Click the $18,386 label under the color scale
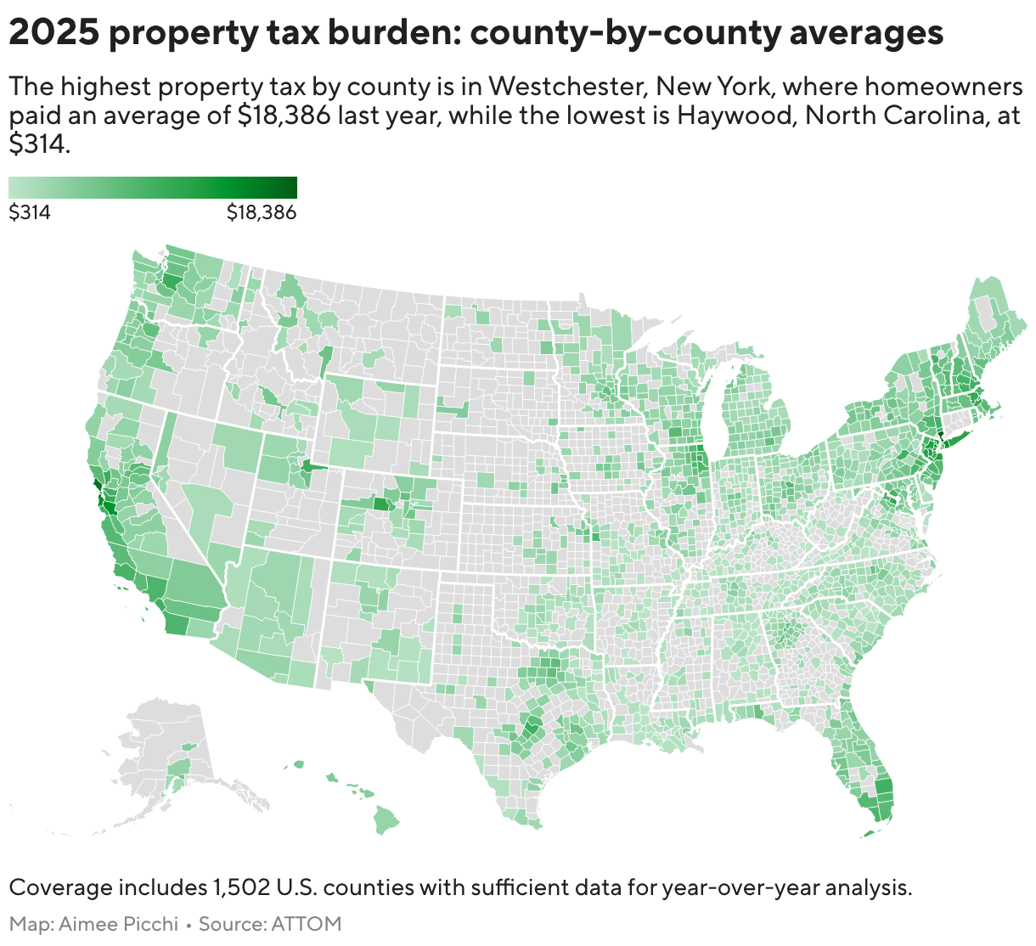tap(261, 213)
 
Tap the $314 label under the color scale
tap(30, 213)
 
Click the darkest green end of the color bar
tap(291, 187)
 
